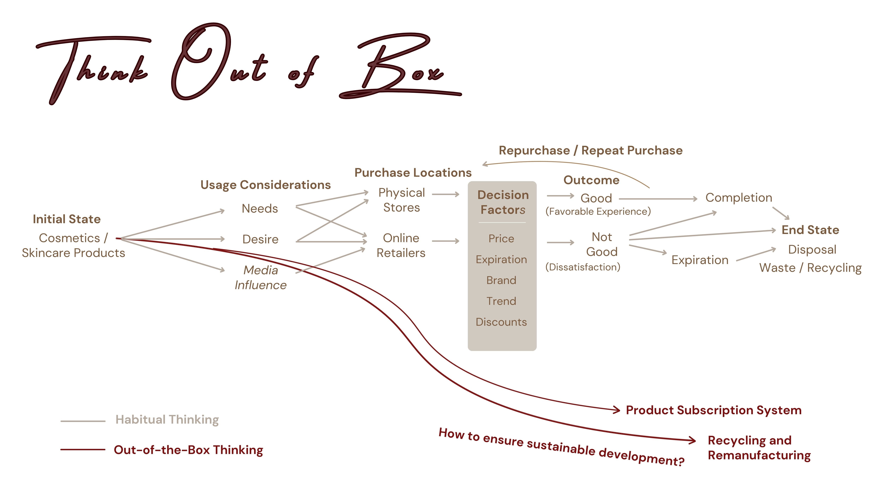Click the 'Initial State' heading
(x=67, y=219)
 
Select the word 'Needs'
(x=260, y=209)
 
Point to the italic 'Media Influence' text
(x=260, y=277)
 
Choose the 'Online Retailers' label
(x=401, y=245)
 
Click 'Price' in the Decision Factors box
(x=501, y=239)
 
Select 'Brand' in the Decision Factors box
(x=501, y=280)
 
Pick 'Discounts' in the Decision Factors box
(x=501, y=322)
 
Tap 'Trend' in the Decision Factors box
(x=501, y=301)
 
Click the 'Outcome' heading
(x=591, y=180)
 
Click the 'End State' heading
(x=810, y=230)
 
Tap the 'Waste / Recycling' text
(x=810, y=268)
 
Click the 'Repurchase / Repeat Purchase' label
(x=591, y=150)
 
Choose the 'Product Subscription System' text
(x=713, y=410)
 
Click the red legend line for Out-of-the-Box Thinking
(x=83, y=449)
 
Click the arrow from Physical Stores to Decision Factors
(x=446, y=194)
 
